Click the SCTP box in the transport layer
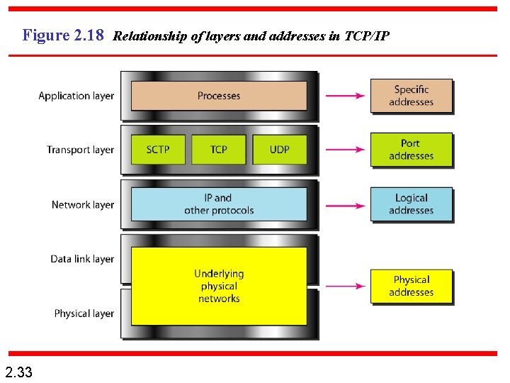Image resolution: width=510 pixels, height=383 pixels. [x=158, y=150]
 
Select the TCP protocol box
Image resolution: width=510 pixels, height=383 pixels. [x=219, y=150]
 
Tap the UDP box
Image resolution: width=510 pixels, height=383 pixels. [x=279, y=150]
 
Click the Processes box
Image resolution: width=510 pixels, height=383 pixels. [x=219, y=96]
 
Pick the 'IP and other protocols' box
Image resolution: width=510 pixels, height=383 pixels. [x=219, y=204]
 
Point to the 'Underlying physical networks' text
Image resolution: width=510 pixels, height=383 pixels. [x=219, y=286]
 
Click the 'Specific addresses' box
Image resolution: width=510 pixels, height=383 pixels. [x=411, y=96]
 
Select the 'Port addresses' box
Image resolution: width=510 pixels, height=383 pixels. [x=411, y=150]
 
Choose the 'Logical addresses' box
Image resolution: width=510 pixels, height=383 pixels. [x=411, y=204]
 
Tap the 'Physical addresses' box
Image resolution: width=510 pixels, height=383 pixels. [x=411, y=286]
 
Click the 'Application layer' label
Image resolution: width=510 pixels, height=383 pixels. [x=76, y=96]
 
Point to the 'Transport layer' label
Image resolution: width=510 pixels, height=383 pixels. [x=80, y=150]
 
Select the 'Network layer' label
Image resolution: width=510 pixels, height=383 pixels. [x=82, y=204]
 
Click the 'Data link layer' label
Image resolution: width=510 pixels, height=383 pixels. [x=82, y=259]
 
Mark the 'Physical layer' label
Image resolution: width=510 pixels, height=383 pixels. [x=84, y=313]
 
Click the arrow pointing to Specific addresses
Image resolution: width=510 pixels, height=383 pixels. [x=344, y=96]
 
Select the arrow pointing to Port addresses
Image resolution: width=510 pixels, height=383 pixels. [x=344, y=150]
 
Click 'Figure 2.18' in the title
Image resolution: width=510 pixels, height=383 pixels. [x=63, y=34]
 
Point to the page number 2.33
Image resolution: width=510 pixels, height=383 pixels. [x=18, y=371]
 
